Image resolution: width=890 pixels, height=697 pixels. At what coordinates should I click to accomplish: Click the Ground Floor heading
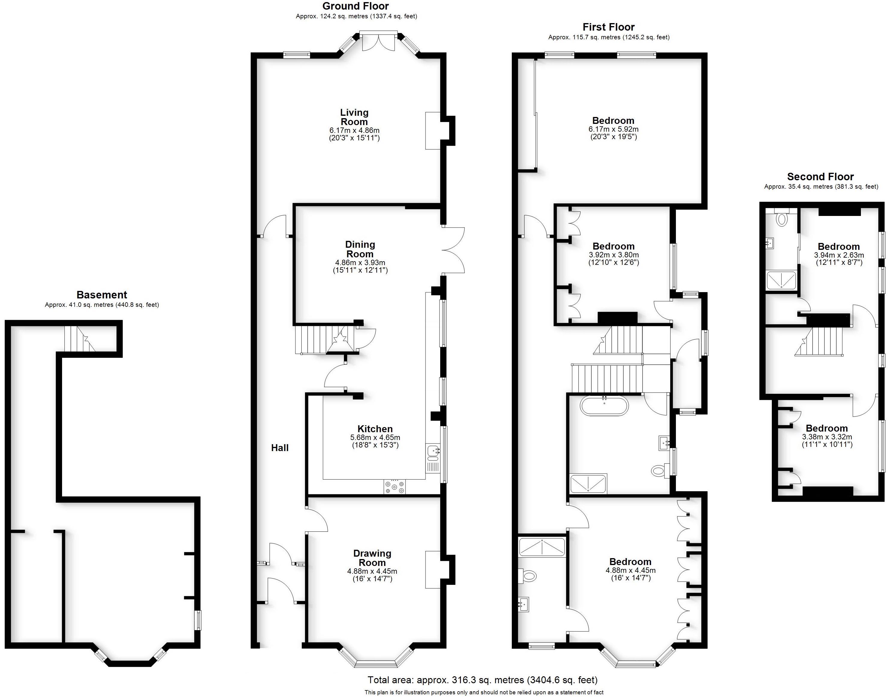tap(355, 6)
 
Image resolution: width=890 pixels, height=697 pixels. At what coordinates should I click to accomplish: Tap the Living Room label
tap(354, 117)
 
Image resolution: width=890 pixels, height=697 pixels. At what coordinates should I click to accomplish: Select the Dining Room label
tap(360, 249)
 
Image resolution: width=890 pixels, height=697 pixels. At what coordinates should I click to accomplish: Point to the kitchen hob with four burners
tap(394, 487)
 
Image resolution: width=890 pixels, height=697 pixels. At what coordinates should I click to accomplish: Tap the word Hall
tap(280, 448)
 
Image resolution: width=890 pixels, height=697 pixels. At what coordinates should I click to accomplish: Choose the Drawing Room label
tap(372, 558)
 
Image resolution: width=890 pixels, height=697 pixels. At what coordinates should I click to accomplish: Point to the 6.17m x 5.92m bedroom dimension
tap(613, 129)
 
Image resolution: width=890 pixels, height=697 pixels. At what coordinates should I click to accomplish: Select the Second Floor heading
tap(820, 177)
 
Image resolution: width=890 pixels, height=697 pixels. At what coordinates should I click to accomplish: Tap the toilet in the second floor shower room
tap(781, 218)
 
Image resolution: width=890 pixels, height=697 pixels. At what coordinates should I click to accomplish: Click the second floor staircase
tap(818, 342)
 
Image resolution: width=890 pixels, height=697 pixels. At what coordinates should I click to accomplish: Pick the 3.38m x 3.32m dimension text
tap(827, 437)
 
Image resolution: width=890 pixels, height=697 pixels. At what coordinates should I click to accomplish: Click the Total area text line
tap(482, 680)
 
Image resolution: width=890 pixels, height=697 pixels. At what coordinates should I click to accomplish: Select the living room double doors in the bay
tap(378, 41)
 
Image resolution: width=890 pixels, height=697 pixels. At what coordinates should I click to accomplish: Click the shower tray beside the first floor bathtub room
tap(588, 483)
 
